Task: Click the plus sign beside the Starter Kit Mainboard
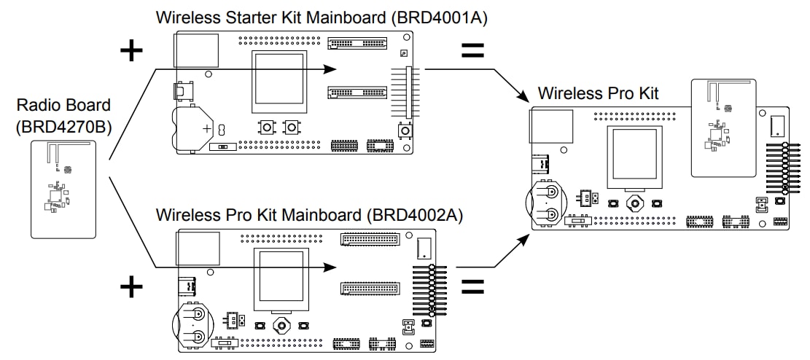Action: tap(131, 51)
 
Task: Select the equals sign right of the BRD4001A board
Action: tap(473, 50)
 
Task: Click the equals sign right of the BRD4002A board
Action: tap(473, 286)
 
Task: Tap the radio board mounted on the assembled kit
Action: tap(723, 128)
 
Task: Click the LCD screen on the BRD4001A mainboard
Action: tap(278, 81)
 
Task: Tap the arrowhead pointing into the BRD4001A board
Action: tap(330, 69)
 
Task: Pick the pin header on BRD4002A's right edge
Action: tap(433, 289)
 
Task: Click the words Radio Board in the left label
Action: tap(63, 106)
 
